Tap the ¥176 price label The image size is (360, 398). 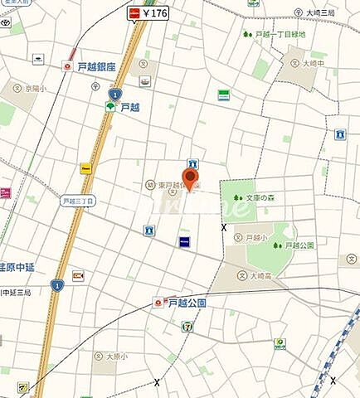point(155,12)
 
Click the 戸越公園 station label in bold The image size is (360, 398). point(187,303)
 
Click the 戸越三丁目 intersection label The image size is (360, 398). point(79,201)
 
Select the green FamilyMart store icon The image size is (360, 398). point(223,95)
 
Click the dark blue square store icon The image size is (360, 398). point(184,241)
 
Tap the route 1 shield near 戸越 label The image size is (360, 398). point(115,94)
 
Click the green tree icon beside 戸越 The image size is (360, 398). point(110,106)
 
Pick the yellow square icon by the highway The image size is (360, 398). point(85,167)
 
